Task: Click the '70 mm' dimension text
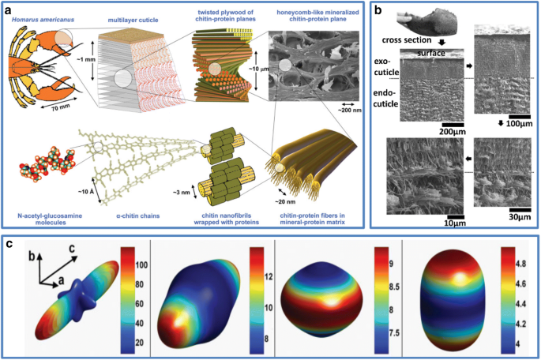tap(73, 99)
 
